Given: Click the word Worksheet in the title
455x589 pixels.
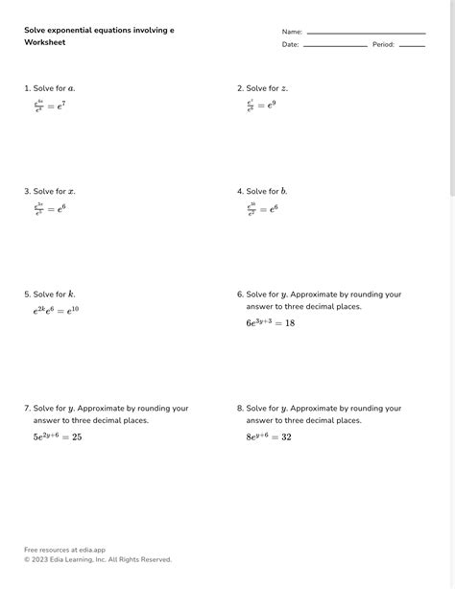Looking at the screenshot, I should click(44, 44).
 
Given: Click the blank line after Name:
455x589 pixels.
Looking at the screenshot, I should click(366, 34).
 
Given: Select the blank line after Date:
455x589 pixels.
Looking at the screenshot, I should click(335, 46).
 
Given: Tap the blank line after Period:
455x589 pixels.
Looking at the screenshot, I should click(412, 46).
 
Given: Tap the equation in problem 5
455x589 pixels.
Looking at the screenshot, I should click(56, 310).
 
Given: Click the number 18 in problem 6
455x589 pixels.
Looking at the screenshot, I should click(289, 323).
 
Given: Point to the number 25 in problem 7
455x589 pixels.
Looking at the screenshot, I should click(77, 436).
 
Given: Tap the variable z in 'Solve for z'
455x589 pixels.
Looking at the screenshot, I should click(283, 88).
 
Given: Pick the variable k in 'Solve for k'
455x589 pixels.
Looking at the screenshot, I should click(71, 294).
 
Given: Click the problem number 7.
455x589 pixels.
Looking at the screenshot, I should click(27, 409).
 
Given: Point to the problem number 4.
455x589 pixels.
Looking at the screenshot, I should click(240, 192).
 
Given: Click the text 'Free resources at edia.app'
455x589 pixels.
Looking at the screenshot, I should click(64, 550).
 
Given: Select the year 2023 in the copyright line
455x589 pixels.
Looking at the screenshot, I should click(42, 559).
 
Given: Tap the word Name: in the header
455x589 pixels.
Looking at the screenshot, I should click(292, 33).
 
